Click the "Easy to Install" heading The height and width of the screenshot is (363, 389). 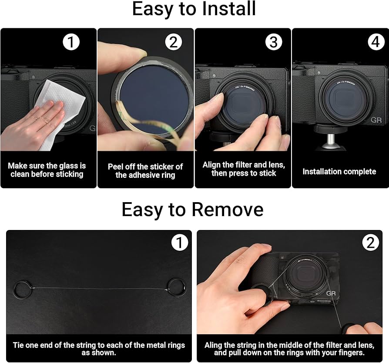[x=194, y=9]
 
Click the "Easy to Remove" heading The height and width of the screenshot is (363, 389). [x=192, y=210]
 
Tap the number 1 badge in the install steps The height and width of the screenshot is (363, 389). [x=71, y=42]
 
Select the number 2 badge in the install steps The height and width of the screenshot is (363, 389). [x=174, y=42]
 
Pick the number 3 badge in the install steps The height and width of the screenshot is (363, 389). [x=274, y=42]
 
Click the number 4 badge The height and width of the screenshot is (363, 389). [x=376, y=42]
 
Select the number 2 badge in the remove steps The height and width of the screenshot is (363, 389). [x=370, y=243]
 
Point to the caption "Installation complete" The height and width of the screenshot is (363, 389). [x=339, y=171]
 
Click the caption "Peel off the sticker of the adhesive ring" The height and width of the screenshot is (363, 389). [x=145, y=171]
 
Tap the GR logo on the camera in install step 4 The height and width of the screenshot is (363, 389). [x=376, y=120]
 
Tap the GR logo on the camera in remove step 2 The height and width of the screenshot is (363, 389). [x=331, y=293]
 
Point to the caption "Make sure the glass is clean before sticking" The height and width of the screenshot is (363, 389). [x=47, y=170]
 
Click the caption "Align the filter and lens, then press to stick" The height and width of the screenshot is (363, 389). [x=244, y=169]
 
